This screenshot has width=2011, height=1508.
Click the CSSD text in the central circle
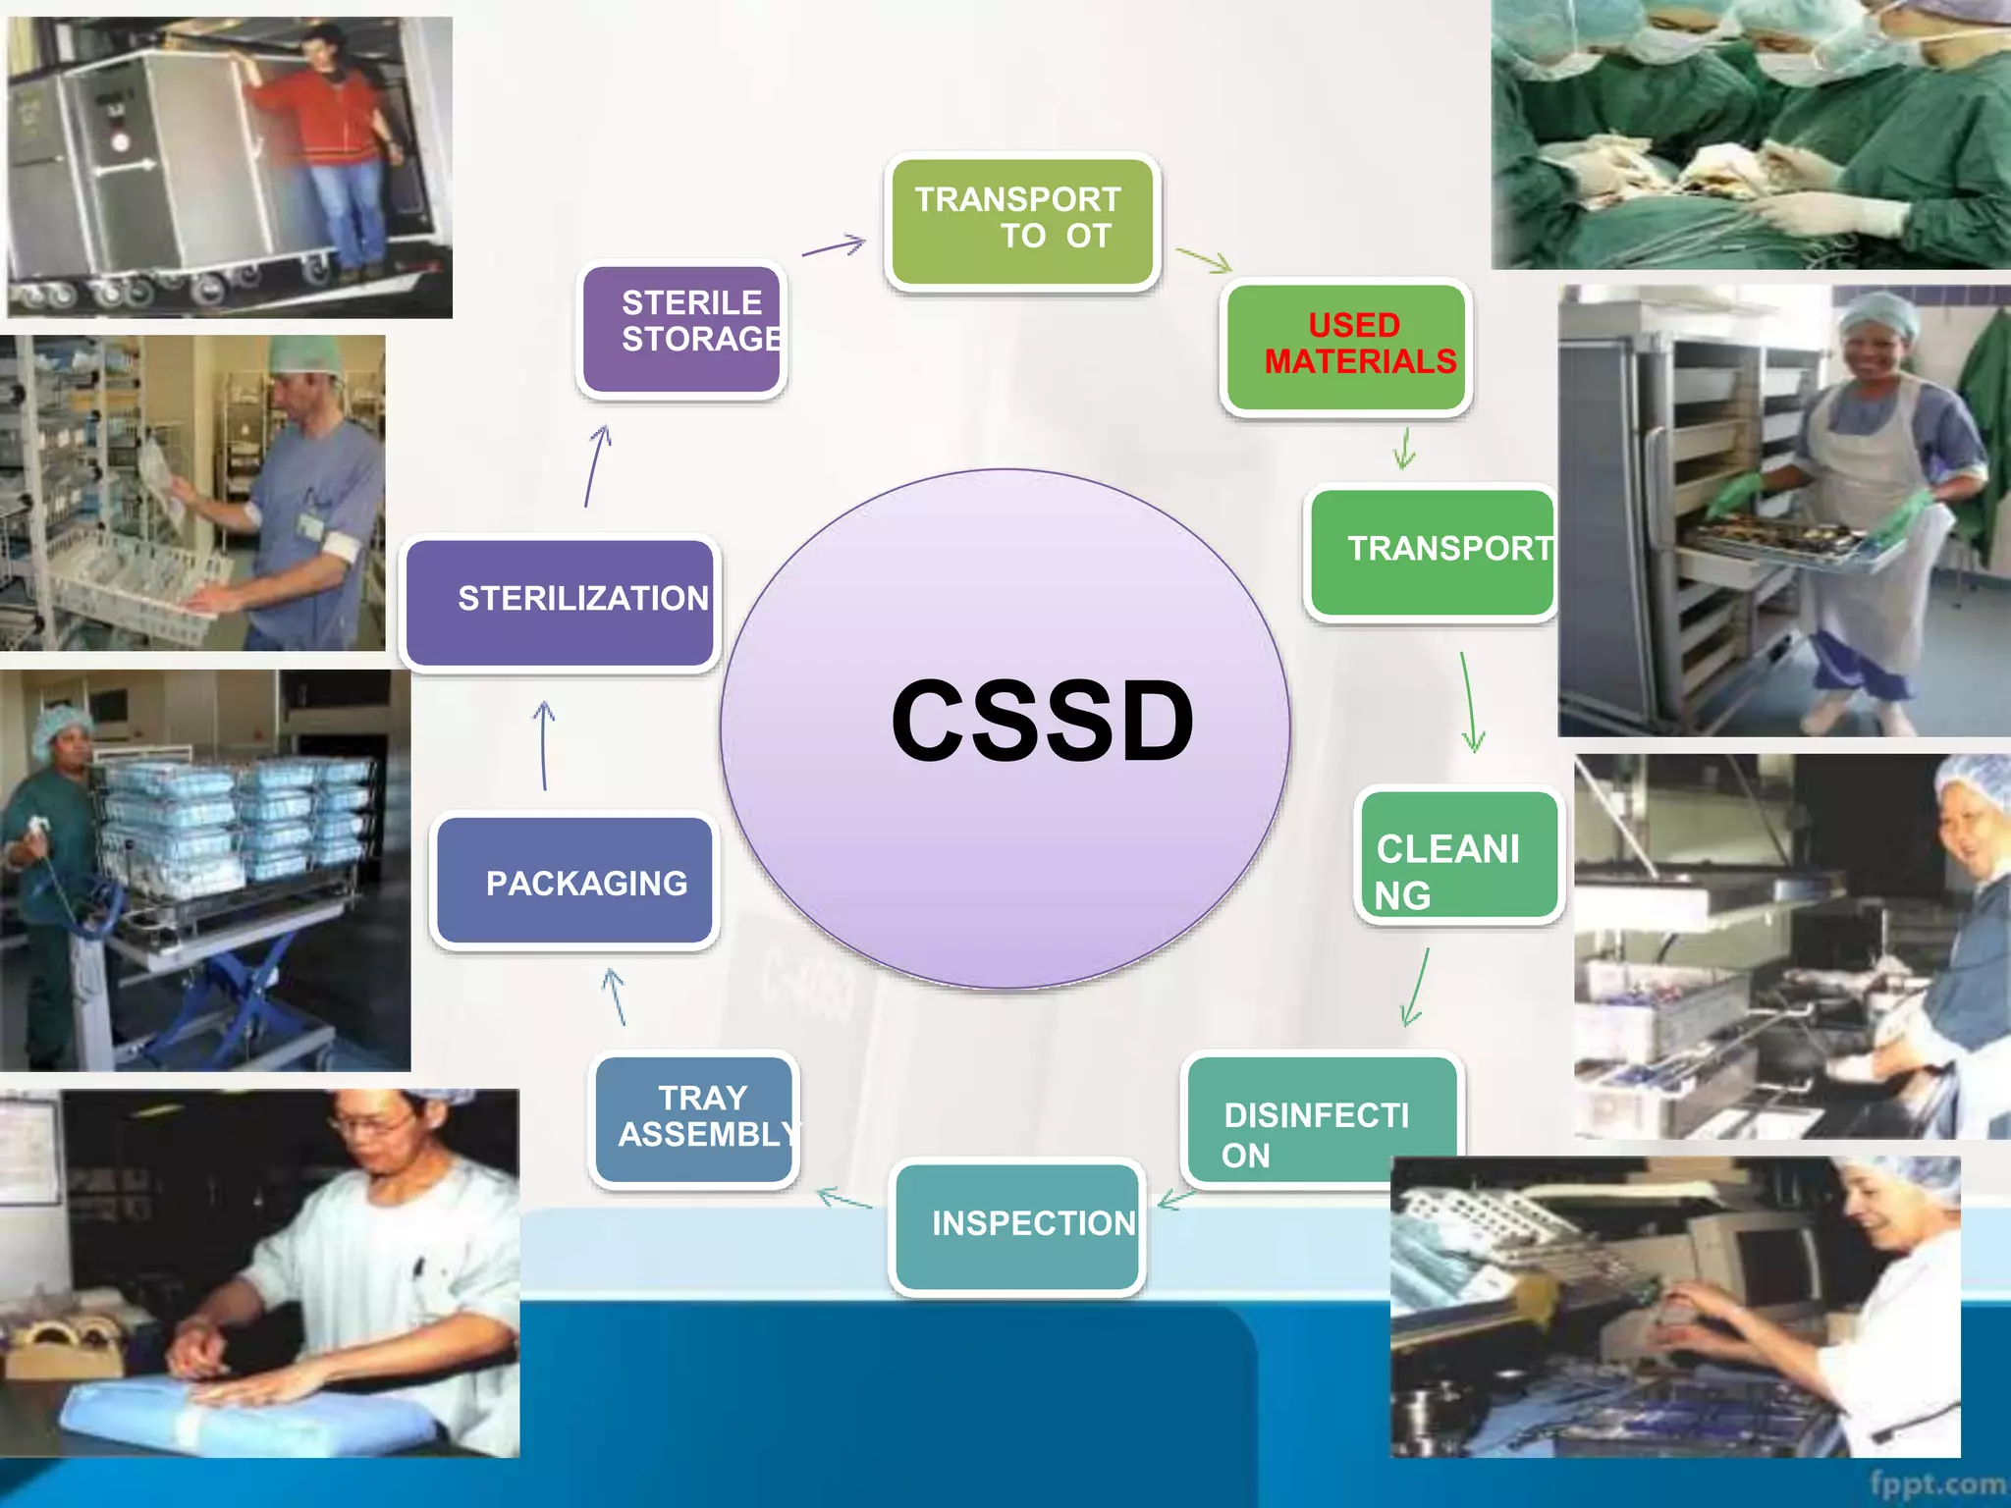pyautogui.click(x=1042, y=722)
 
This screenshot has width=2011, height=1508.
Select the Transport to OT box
pyautogui.click(x=1022, y=222)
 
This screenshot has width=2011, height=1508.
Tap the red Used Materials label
pyautogui.click(x=1359, y=344)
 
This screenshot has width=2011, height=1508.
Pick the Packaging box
pyautogui.click(x=575, y=881)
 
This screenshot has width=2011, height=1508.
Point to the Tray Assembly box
pyautogui.click(x=694, y=1118)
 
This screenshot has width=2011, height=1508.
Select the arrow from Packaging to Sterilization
pyautogui.click(x=544, y=745)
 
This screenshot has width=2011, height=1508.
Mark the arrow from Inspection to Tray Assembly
pyautogui.click(x=843, y=1199)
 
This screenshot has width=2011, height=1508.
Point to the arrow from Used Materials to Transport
pyautogui.click(x=1405, y=449)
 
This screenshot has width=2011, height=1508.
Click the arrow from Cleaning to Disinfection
pyautogui.click(x=1416, y=988)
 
